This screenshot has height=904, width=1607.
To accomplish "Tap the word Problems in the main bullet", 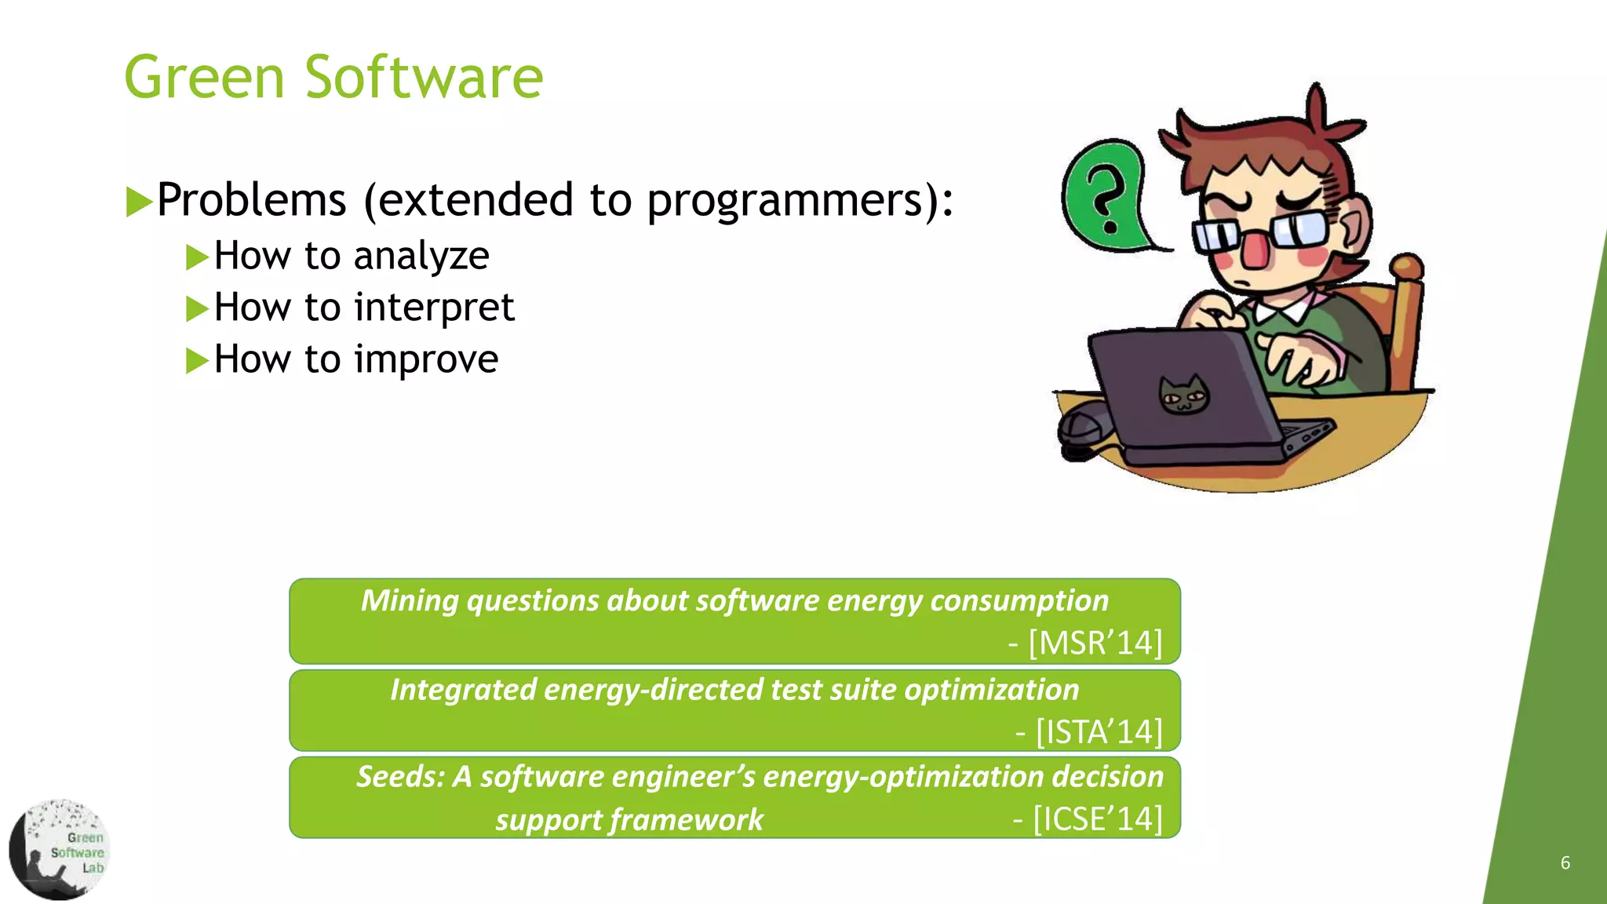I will click(x=251, y=199).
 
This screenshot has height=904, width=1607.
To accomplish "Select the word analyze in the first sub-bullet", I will click(x=421, y=257).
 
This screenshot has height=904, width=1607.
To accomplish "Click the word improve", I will click(x=426, y=359).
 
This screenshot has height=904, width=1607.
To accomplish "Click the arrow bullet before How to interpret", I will click(x=196, y=308).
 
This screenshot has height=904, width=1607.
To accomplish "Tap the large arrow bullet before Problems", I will click(x=139, y=202).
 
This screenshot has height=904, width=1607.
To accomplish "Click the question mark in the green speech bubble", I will click(x=1107, y=201).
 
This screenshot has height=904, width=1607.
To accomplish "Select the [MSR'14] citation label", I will click(x=1095, y=643).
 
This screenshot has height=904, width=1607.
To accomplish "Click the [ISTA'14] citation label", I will click(x=1098, y=732).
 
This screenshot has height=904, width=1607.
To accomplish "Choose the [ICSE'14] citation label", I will click(x=1097, y=819).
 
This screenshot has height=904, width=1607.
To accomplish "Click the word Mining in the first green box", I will click(x=409, y=601).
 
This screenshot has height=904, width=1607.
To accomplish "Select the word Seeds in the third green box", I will click(x=399, y=777).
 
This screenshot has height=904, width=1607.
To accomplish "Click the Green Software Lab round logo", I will click(x=60, y=850).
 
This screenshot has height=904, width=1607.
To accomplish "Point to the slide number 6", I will click(x=1565, y=863).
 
